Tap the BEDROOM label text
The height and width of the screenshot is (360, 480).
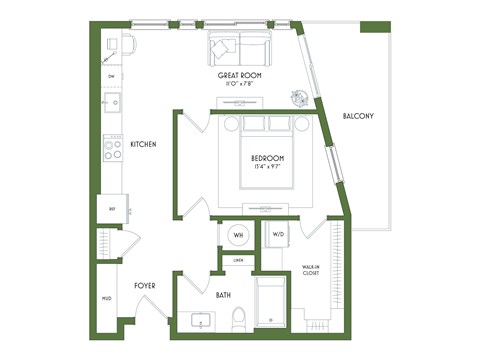click(x=267, y=158)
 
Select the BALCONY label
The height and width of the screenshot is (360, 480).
click(x=358, y=117)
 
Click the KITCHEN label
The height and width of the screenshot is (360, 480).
click(x=144, y=145)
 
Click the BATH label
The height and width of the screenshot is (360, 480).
click(x=225, y=295)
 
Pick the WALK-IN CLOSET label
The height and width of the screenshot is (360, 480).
click(x=310, y=270)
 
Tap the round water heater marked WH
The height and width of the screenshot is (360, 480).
click(x=239, y=236)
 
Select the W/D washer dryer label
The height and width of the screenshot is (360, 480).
click(x=277, y=236)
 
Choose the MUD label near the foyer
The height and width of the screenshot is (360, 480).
click(x=106, y=298)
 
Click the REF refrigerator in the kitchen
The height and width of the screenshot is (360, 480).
click(x=110, y=209)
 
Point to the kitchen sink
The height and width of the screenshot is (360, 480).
click(x=112, y=101)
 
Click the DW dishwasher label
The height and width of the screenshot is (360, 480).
click(x=110, y=76)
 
